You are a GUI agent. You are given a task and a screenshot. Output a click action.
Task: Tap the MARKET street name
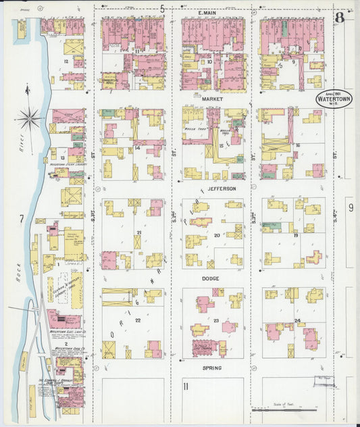(211, 99)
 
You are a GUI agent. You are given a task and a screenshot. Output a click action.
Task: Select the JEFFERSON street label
(222, 189)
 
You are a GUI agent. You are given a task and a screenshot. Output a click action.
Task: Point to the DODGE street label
(211, 277)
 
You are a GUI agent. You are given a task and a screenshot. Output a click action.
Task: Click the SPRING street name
(211, 368)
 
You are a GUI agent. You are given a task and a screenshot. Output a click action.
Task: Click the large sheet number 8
(339, 17)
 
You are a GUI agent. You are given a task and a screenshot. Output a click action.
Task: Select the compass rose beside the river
(30, 118)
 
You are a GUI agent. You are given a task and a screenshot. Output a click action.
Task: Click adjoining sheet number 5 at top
(163, 8)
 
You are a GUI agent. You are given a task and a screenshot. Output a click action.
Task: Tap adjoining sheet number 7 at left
(22, 218)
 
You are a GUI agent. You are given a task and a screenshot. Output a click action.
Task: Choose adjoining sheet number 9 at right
(351, 208)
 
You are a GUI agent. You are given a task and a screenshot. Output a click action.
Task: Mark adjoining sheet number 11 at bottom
(184, 386)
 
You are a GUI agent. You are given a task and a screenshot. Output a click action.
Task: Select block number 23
(216, 320)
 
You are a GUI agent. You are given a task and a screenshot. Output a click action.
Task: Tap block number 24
(297, 320)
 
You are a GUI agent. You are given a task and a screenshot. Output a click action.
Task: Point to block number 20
(216, 235)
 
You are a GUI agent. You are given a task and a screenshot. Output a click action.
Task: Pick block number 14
(137, 147)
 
